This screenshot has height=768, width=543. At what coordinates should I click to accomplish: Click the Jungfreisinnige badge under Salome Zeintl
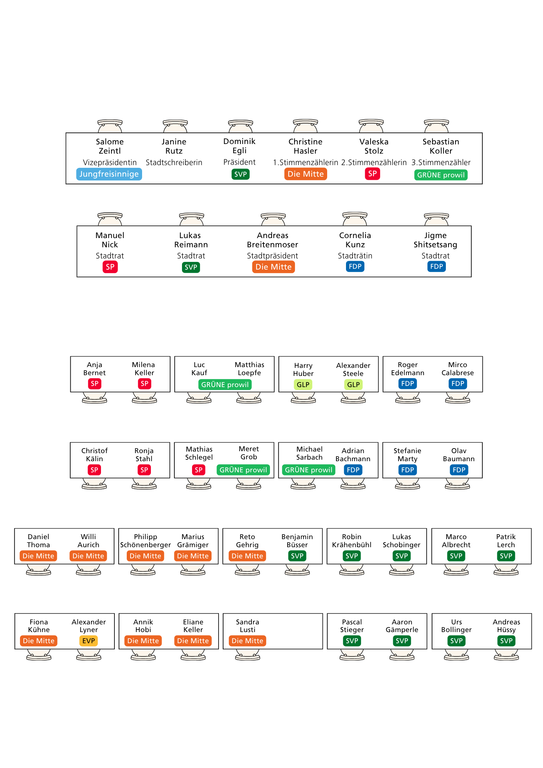tap(109, 174)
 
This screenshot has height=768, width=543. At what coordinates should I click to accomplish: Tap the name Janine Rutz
tap(174, 146)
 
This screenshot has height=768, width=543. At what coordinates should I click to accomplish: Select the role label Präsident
tap(239, 162)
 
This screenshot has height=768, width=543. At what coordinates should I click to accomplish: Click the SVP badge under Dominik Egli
tap(240, 174)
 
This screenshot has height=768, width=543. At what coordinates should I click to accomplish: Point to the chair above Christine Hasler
tap(305, 126)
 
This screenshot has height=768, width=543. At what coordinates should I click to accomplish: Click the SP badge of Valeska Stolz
tap(372, 174)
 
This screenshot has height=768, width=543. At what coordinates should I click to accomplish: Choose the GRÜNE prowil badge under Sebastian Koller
tap(441, 175)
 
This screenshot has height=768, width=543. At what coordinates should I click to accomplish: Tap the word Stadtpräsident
tap(272, 256)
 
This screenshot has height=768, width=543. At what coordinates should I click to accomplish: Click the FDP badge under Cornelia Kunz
tap(355, 266)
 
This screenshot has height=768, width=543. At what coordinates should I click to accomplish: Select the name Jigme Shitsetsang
tap(435, 240)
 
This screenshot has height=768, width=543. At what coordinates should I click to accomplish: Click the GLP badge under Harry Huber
tap(303, 384)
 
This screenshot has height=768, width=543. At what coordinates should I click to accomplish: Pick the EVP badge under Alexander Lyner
tap(88, 641)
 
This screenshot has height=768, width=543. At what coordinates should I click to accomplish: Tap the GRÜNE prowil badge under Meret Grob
tap(243, 470)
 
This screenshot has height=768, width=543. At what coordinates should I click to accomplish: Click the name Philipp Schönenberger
tap(146, 541)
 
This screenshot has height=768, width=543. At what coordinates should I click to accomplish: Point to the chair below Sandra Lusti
tap(248, 655)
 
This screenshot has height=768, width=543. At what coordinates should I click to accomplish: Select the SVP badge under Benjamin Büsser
tap(297, 556)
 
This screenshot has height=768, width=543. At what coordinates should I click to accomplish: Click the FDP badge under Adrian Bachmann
tap(353, 470)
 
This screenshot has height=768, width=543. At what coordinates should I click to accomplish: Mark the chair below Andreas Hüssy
tap(507, 655)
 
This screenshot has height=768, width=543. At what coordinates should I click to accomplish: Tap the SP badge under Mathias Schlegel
tap(199, 470)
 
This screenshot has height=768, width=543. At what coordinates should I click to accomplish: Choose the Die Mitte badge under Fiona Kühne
tap(39, 641)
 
